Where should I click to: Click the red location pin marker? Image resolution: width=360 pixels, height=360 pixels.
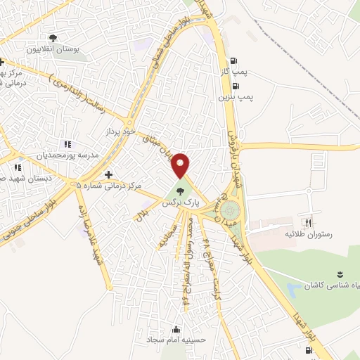pyautogui.click(x=181, y=165)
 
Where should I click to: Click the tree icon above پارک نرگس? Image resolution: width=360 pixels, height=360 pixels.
pyautogui.click(x=181, y=190)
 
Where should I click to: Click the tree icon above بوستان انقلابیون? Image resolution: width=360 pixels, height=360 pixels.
pyautogui.click(x=53, y=38)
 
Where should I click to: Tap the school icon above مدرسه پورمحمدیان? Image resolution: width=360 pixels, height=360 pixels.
pyautogui.click(x=67, y=143)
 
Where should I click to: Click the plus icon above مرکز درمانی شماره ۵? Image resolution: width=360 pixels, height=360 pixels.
pyautogui.click(x=108, y=174)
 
